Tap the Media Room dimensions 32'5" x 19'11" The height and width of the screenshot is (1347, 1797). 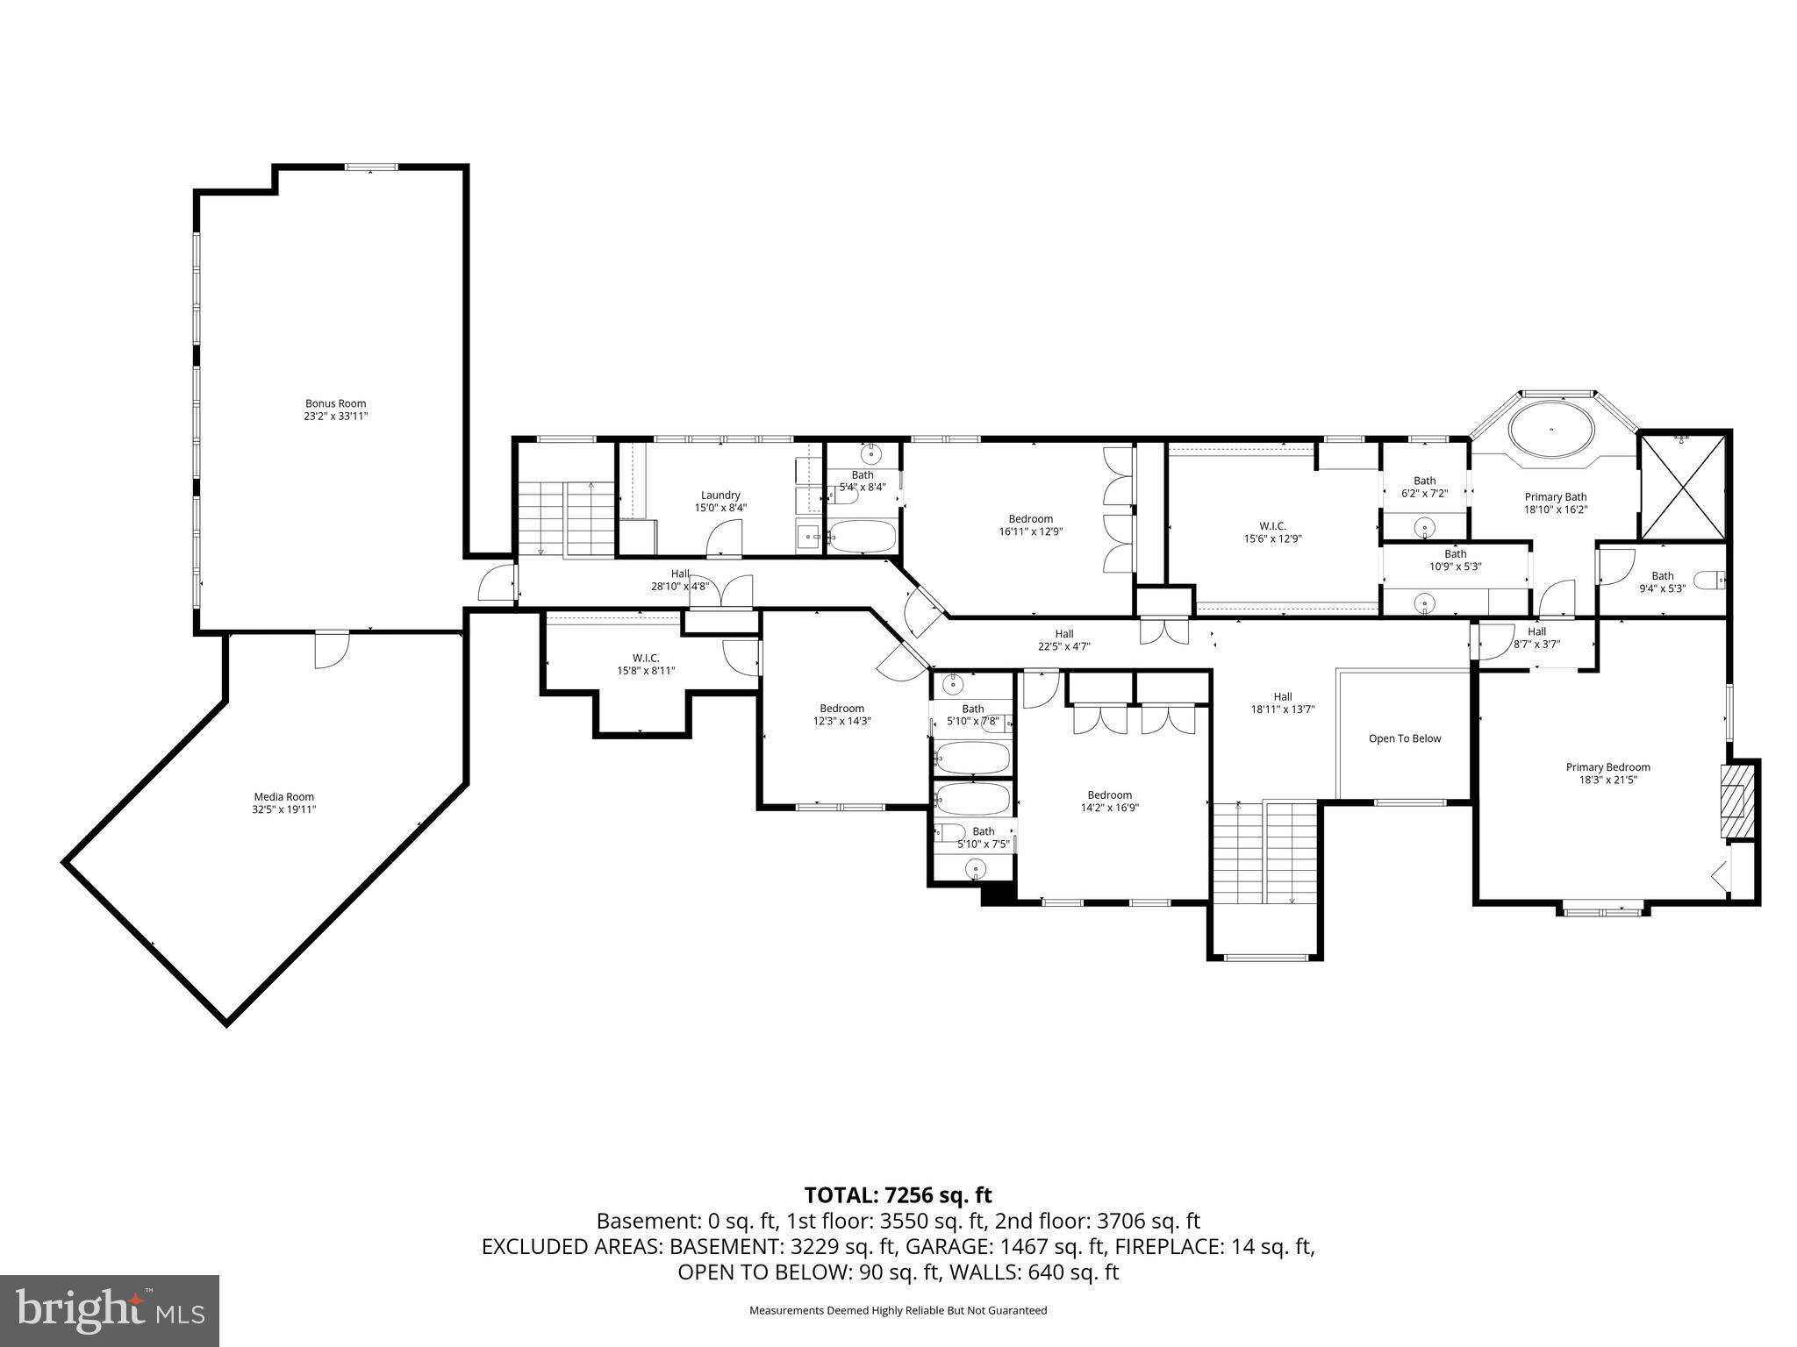point(283,809)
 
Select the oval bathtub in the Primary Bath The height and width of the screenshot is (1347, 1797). point(1551,430)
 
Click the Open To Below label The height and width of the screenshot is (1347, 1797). point(1405,738)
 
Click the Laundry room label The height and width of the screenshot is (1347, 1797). point(720,495)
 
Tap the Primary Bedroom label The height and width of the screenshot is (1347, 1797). point(1607,766)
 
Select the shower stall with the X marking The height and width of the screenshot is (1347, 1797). point(1682,487)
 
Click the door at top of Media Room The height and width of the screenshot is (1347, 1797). point(332,650)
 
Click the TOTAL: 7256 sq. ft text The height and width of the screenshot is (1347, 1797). point(898,1194)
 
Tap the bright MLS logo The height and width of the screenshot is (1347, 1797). point(109,1310)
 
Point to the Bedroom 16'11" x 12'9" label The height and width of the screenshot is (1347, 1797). point(1030,524)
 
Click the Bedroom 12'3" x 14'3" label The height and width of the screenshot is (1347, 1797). point(841,714)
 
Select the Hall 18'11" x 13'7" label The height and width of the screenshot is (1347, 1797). point(1282,703)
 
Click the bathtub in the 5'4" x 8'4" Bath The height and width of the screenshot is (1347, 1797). point(862,536)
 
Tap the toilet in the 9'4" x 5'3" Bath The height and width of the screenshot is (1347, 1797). point(1708,580)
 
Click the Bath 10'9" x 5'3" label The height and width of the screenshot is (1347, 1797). point(1455,559)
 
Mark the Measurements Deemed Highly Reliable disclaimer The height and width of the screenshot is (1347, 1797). point(898,1310)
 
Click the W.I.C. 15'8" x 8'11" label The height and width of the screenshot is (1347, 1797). point(645,664)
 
